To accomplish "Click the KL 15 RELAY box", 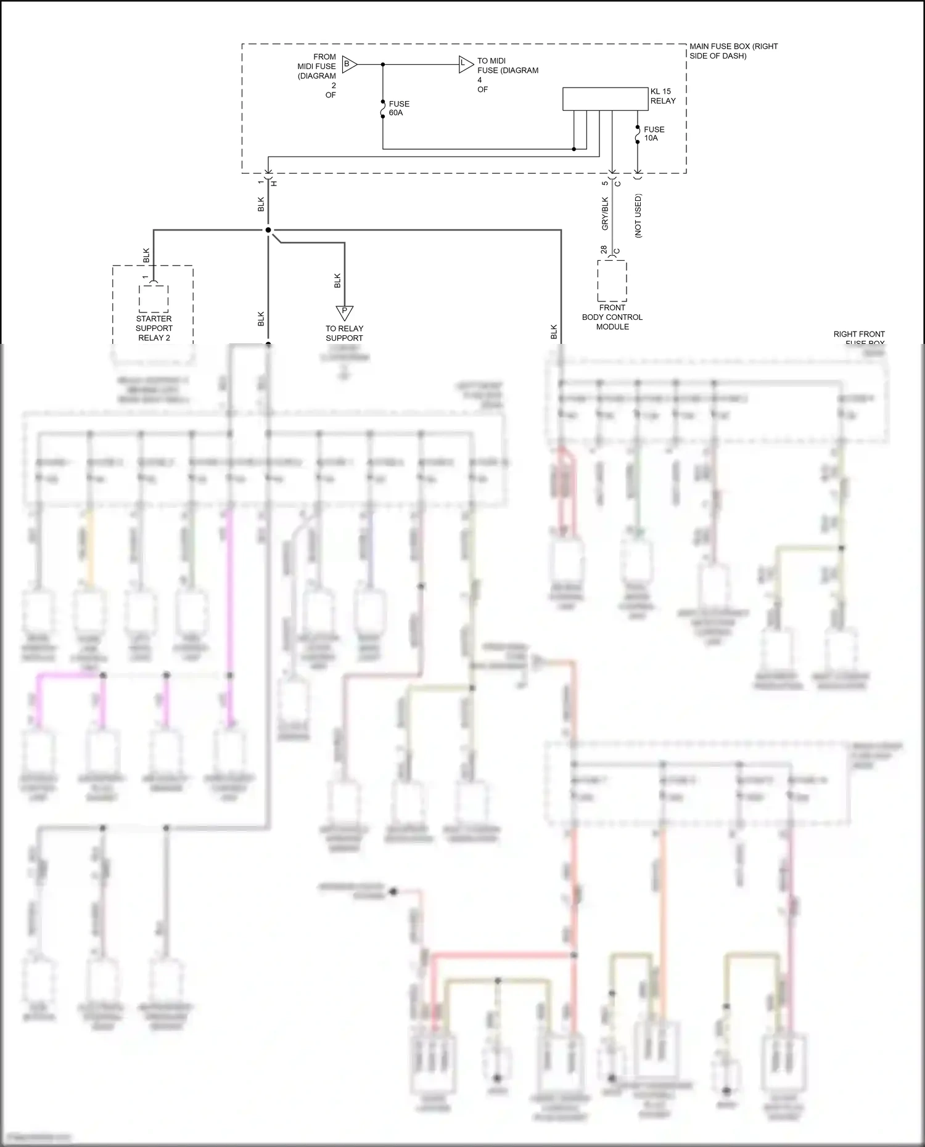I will point(605,99).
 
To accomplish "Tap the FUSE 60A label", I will point(399,108).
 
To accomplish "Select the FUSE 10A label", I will point(654,134).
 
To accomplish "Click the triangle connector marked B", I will point(348,63).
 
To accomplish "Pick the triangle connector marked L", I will point(465,63).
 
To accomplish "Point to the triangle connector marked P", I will point(344,312).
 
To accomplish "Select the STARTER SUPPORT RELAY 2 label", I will point(154,328).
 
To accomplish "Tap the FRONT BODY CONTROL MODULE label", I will point(612,317).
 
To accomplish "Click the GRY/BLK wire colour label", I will point(605,214).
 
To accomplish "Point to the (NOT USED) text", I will point(638,216).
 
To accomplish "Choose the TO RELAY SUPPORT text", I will point(344,333).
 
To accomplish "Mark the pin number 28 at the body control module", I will point(604,250).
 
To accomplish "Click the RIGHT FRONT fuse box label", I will point(858,334).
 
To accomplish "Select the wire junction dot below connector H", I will point(268,230).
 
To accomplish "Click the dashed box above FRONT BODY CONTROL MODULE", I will point(612,281).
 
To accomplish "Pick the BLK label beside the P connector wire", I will point(337,280).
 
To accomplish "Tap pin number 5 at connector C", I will point(605,183).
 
